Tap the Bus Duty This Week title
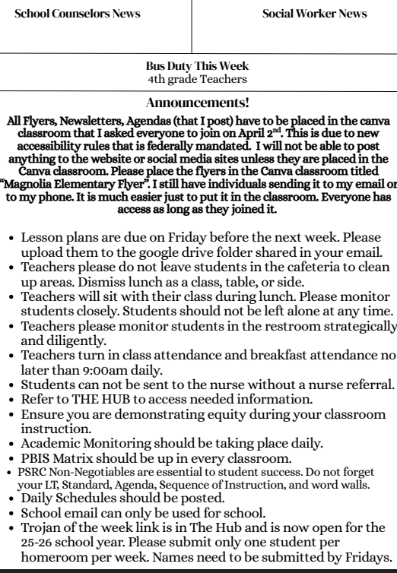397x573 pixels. point(198,66)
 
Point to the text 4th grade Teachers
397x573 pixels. point(198,78)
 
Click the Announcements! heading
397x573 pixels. point(198,100)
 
